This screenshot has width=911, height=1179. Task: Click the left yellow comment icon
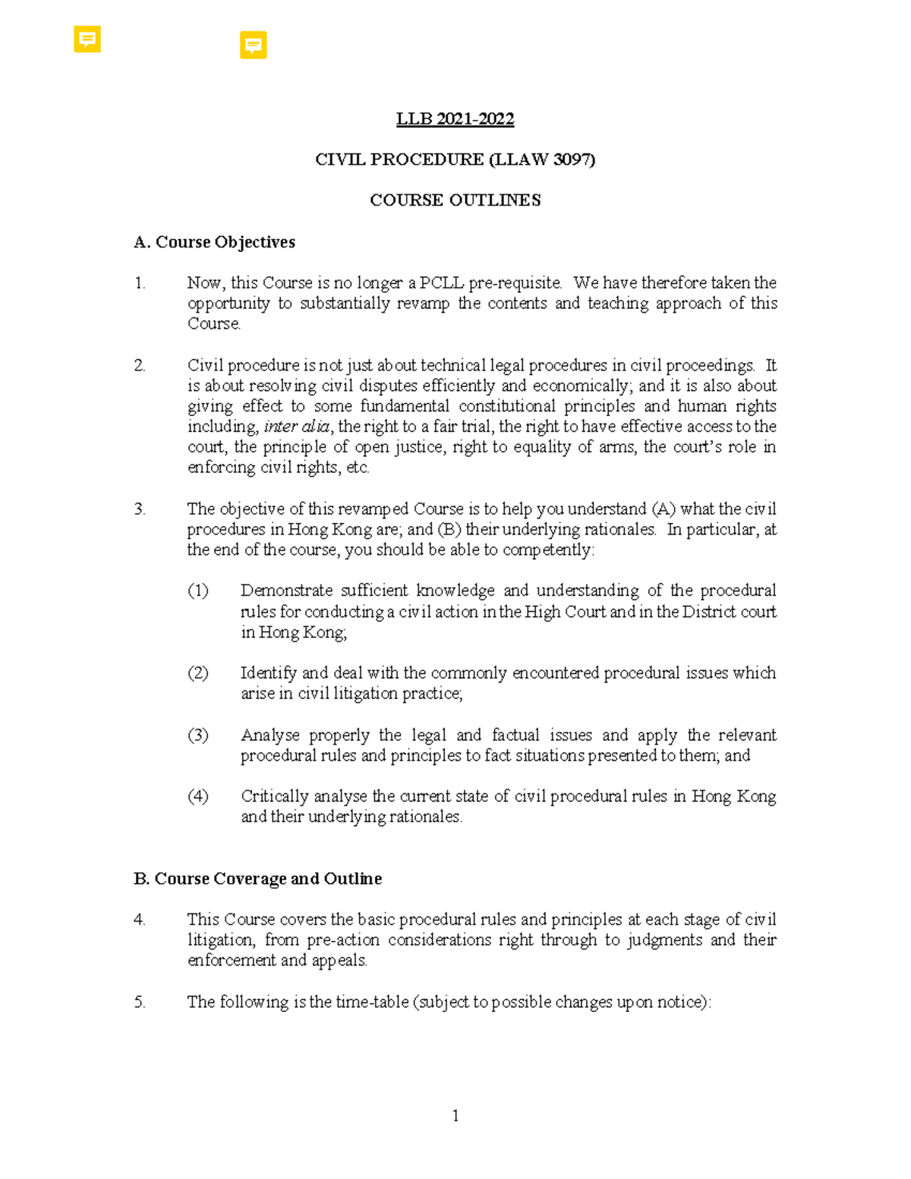point(87,39)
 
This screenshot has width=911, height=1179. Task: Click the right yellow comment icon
point(253,45)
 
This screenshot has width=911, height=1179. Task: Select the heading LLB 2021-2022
point(455,119)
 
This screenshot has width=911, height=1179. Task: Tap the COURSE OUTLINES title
point(455,200)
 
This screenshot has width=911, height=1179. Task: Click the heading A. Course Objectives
point(214,242)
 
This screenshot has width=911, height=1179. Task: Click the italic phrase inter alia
point(296,427)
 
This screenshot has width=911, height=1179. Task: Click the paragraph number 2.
point(140,365)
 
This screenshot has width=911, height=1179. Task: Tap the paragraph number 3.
point(140,509)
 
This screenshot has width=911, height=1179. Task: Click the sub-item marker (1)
point(197,591)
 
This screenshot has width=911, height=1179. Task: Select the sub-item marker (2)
point(197,673)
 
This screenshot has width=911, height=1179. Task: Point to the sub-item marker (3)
point(197,735)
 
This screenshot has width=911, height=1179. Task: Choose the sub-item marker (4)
point(197,796)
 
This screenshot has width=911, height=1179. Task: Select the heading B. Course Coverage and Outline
point(257,878)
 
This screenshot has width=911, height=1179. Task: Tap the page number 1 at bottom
point(455,1115)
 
